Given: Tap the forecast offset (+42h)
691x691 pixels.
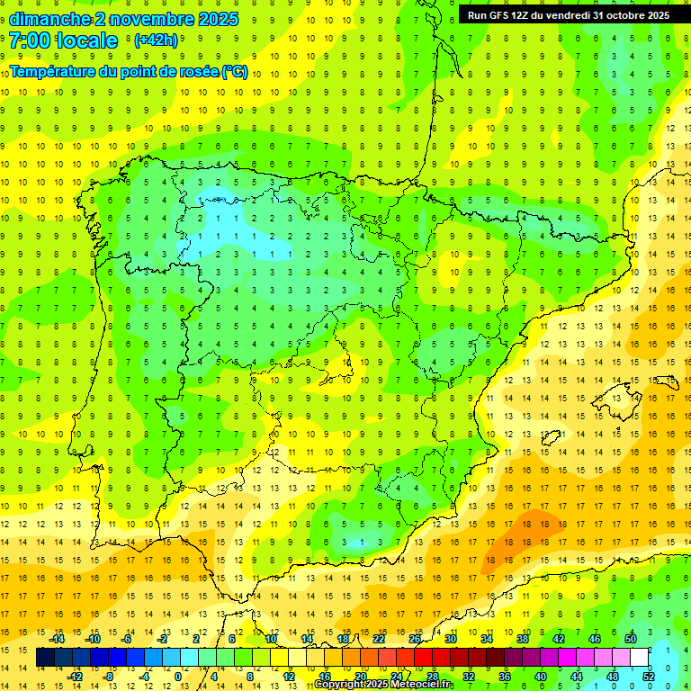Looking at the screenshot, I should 156,40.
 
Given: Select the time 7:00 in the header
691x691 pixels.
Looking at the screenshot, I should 29,40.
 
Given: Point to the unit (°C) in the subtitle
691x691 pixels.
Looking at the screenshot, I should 235,72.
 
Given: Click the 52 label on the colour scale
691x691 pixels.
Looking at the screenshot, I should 649,677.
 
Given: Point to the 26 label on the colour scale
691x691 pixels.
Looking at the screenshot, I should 415,639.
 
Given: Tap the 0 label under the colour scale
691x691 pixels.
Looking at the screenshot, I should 178,677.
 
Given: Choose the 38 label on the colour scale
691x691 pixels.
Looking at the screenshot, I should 523,639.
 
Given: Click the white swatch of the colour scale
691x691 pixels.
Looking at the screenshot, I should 640,658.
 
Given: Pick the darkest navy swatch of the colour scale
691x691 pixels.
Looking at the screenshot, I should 45,658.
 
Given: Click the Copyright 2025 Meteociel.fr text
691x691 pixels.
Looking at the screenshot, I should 382,685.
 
